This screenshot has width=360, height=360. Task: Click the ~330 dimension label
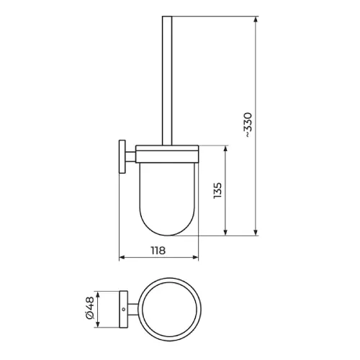(x=248, y=125)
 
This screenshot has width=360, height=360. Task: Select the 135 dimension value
(x=217, y=190)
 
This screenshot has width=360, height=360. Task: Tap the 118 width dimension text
(x=158, y=251)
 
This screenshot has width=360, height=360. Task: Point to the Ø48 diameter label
(x=90, y=308)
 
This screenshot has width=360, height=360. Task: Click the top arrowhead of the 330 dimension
(x=256, y=19)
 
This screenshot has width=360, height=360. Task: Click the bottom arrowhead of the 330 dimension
(x=256, y=232)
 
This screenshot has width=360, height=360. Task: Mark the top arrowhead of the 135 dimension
(x=225, y=149)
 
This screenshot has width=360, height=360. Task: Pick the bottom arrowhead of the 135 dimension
(x=225, y=232)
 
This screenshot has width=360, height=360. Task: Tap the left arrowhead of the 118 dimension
(x=122, y=258)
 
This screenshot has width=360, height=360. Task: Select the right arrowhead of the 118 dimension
(x=195, y=258)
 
